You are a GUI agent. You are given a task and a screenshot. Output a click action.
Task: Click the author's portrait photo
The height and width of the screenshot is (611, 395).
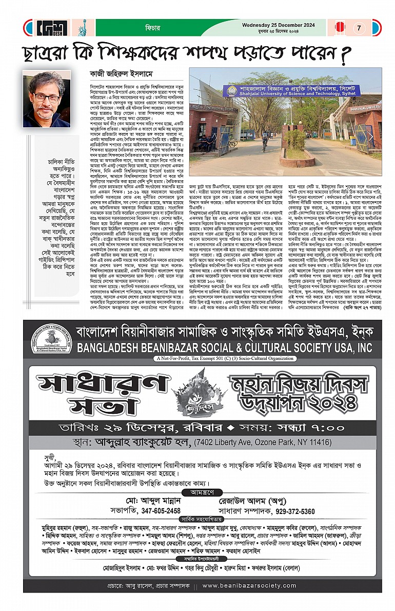[x=47, y=99]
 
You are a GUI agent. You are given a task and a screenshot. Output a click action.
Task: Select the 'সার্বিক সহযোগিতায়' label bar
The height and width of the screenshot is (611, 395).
[x=197, y=505]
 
